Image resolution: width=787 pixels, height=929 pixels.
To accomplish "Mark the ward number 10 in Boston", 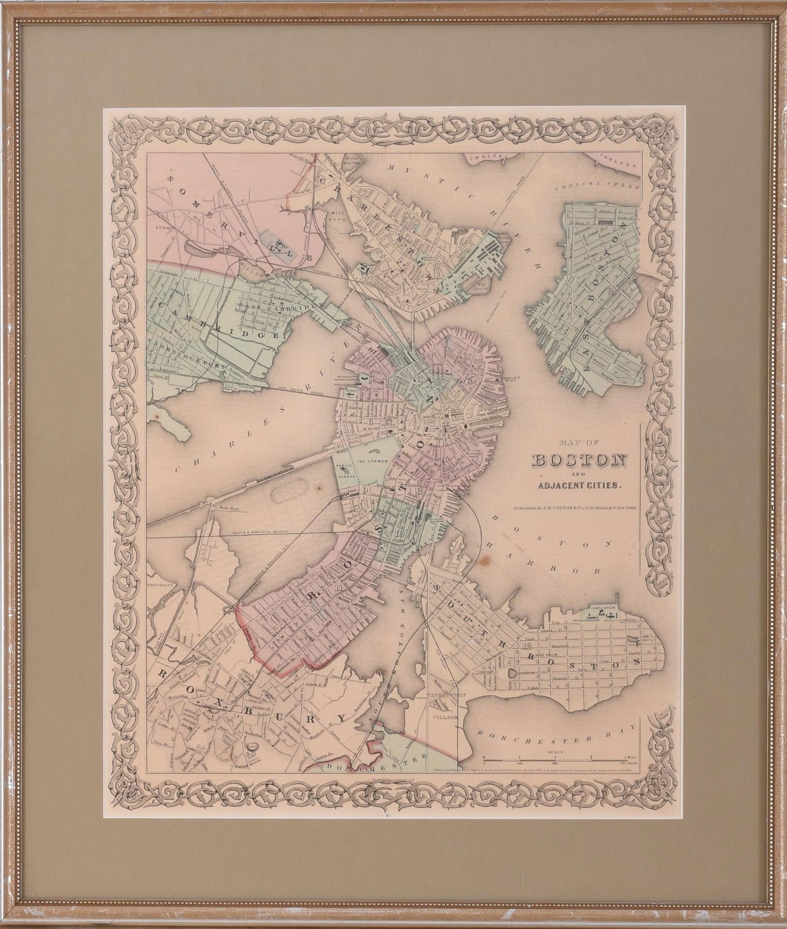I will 400,533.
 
